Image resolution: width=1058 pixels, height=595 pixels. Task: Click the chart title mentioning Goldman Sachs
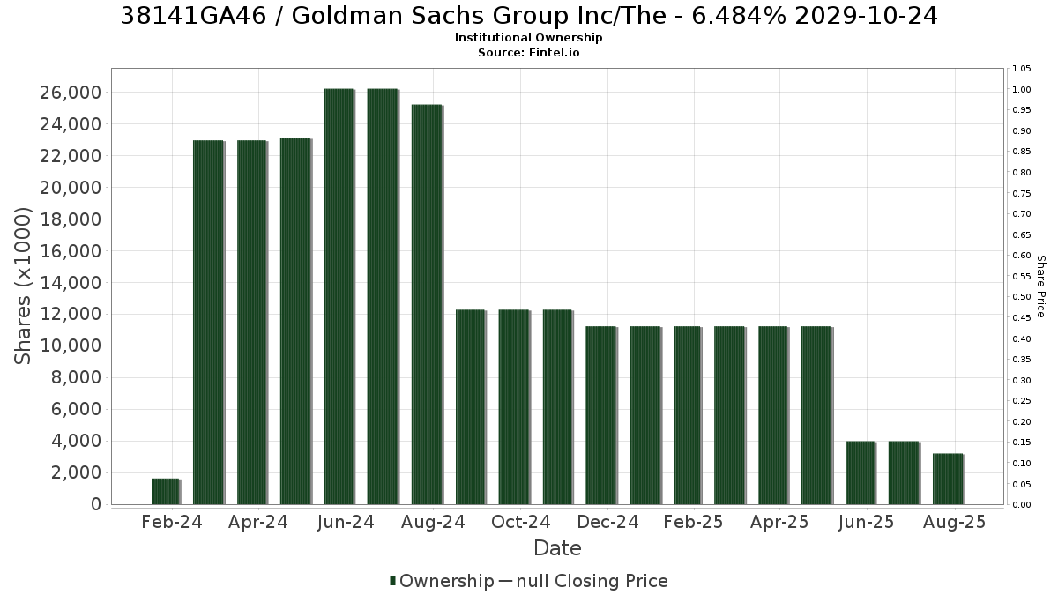coord(528,16)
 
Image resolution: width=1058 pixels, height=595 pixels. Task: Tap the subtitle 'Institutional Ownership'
coord(528,38)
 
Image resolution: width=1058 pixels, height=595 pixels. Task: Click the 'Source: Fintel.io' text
coord(528,52)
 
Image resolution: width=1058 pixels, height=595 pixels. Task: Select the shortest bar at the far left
coord(166,492)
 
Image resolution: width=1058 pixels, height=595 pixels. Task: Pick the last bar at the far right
coord(948,479)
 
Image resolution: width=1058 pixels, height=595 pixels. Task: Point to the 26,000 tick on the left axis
coord(71,93)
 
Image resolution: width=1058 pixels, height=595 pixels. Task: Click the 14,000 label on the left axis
coord(71,283)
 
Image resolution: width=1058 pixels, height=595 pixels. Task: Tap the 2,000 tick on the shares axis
coord(76,472)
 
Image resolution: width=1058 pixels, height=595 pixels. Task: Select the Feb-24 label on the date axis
coord(172,522)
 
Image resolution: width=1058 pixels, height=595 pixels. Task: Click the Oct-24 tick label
coord(520,522)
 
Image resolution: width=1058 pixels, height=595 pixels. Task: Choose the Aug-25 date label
coord(955,522)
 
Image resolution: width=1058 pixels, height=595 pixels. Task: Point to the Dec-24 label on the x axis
coord(607,522)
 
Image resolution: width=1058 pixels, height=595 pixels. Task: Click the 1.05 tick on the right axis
coord(1022,69)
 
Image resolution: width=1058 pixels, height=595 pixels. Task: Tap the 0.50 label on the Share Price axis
coord(1022,297)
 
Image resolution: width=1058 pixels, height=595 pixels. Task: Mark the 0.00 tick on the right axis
coord(1022,505)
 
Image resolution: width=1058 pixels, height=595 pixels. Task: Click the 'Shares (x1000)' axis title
coord(23,286)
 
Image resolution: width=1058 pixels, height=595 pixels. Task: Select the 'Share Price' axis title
coord(1040,286)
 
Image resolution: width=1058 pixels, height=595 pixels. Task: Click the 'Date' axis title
coord(557,548)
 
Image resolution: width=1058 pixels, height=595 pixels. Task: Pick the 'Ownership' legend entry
coord(442,581)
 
